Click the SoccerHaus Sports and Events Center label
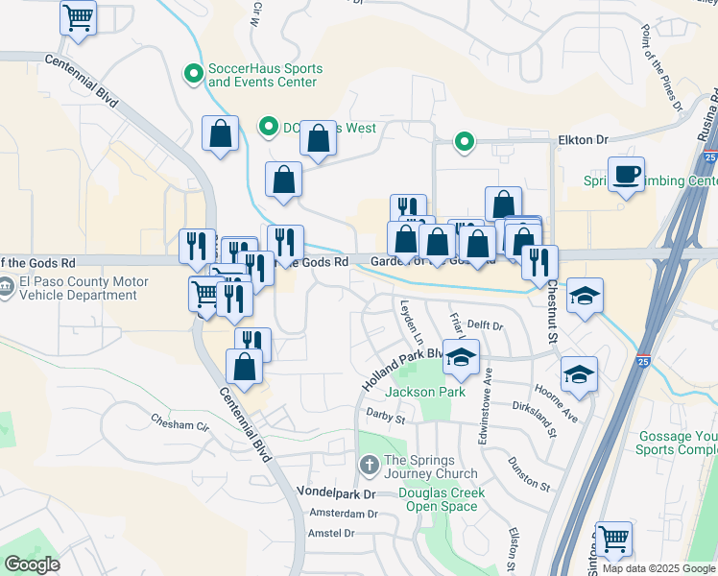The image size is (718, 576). (265, 76)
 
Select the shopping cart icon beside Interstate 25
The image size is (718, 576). (614, 540)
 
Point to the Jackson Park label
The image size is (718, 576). (425, 392)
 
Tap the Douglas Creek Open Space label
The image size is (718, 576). (442, 500)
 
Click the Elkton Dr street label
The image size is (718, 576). (584, 140)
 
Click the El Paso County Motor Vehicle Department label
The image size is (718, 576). (81, 289)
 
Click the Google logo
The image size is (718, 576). (33, 564)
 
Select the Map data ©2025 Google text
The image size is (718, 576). (658, 568)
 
